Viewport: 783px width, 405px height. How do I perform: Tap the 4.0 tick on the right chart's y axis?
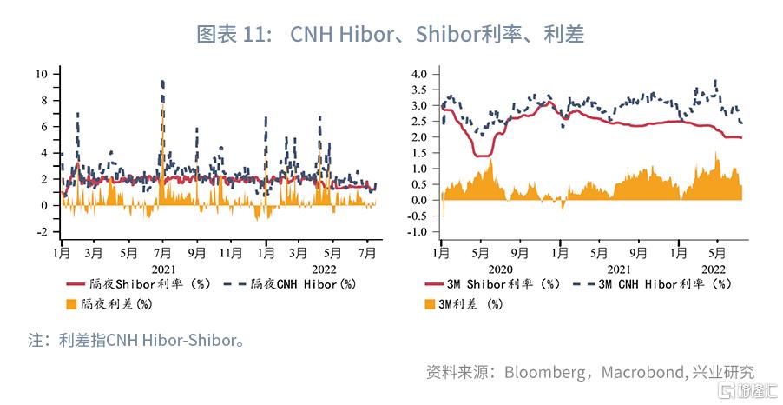tap(419, 74)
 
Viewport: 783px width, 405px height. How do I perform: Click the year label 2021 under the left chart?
tap(163, 269)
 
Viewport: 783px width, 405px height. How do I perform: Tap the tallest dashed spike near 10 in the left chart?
tap(163, 83)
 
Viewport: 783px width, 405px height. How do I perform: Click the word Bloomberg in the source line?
tap(543, 372)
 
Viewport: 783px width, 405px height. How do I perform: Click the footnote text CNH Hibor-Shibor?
tap(174, 341)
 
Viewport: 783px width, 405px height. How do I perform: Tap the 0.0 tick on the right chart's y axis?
tap(419, 201)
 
